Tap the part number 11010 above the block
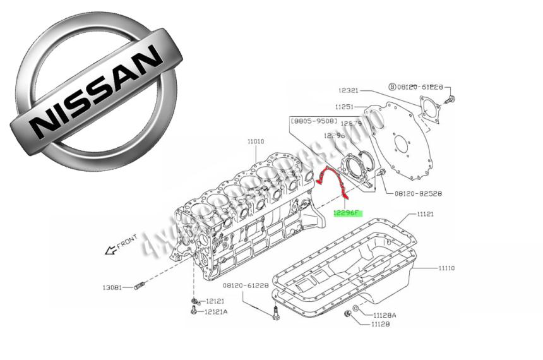[256, 142]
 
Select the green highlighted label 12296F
[346, 213]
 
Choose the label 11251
[346, 107]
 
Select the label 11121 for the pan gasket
[424, 215]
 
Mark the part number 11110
[446, 268]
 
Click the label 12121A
[215, 312]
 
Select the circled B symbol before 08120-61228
[391, 87]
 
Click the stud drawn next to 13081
[140, 287]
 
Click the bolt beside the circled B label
[451, 100]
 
